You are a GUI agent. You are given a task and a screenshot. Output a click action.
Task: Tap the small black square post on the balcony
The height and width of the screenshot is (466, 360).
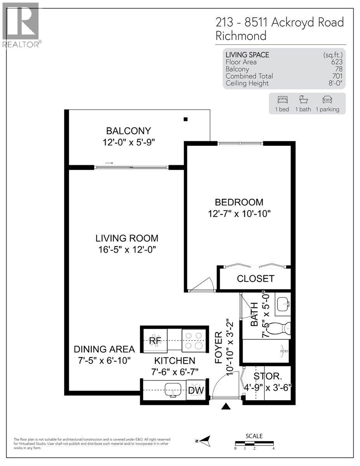pyautogui.click(x=186, y=119)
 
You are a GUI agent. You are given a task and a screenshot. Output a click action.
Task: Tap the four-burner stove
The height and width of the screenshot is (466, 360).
pyautogui.click(x=193, y=340)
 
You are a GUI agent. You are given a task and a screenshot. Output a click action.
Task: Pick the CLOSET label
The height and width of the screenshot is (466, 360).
pyautogui.click(x=256, y=278)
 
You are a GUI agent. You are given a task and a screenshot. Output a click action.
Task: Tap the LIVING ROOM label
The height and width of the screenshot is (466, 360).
pyautogui.click(x=127, y=238)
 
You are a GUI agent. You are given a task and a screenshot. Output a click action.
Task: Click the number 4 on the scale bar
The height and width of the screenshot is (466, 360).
pyautogui.click(x=274, y=449)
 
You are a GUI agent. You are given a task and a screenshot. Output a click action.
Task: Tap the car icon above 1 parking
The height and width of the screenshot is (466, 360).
pyautogui.click(x=327, y=99)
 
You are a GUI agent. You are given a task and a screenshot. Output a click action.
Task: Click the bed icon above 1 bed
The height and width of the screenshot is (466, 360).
pyautogui.click(x=282, y=99)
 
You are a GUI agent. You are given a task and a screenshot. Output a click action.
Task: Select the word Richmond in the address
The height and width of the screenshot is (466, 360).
pyautogui.click(x=241, y=36)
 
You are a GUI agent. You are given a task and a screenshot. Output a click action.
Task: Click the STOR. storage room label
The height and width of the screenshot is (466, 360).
pyautogui.click(x=268, y=376)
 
